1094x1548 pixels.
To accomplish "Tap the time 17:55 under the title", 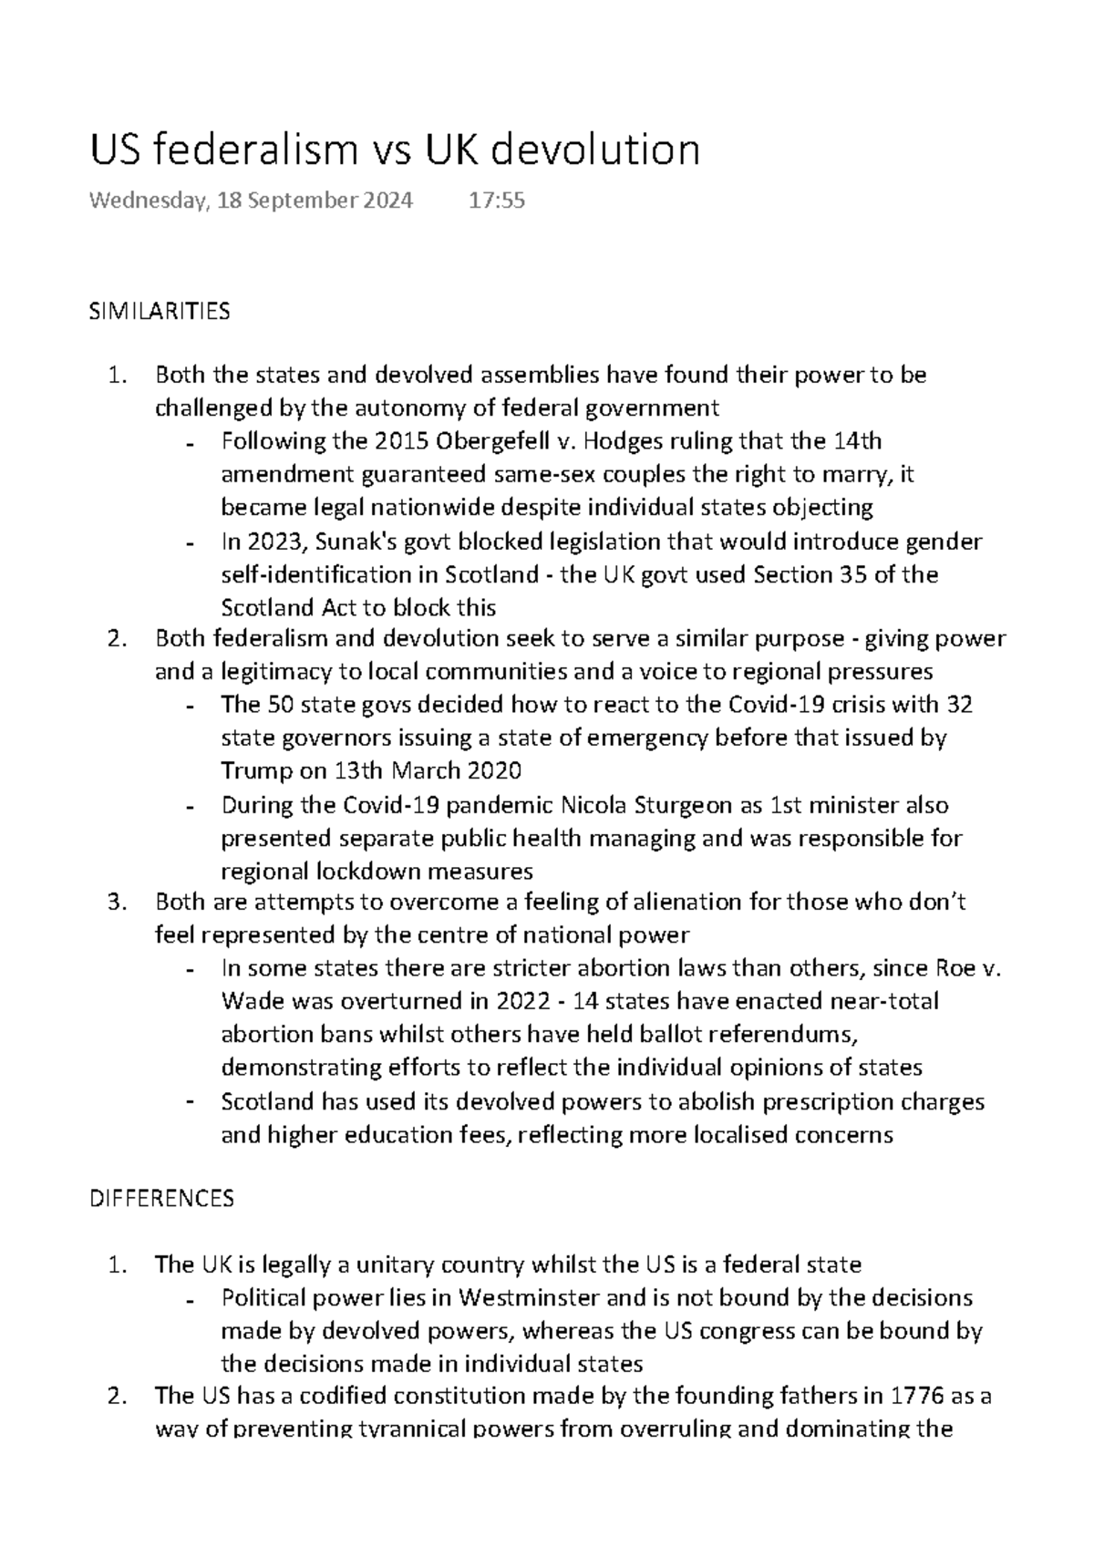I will (497, 201).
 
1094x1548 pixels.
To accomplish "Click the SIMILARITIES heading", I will (159, 312).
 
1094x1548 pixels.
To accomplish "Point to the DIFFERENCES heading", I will (161, 1198).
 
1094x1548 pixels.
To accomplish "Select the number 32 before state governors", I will (959, 705).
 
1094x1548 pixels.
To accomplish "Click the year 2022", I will (523, 1001).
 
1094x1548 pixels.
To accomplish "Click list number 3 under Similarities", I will (114, 902).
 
